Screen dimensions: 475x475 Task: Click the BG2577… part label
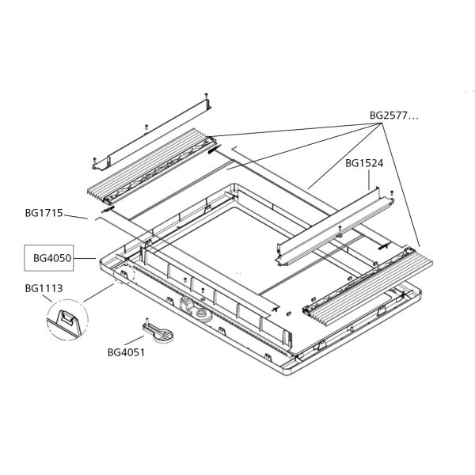[x=393, y=116]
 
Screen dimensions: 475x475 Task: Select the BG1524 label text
[x=364, y=164]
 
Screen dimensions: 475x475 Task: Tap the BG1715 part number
[x=44, y=212]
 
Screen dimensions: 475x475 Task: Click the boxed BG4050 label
[x=52, y=258]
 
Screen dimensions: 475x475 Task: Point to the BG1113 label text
[x=44, y=289]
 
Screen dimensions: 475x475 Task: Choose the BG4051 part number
[x=126, y=353]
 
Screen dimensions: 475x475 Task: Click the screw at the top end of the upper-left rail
[x=206, y=96]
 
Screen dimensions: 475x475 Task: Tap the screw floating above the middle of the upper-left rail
[x=146, y=126]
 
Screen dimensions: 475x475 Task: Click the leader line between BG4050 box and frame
[x=86, y=258]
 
